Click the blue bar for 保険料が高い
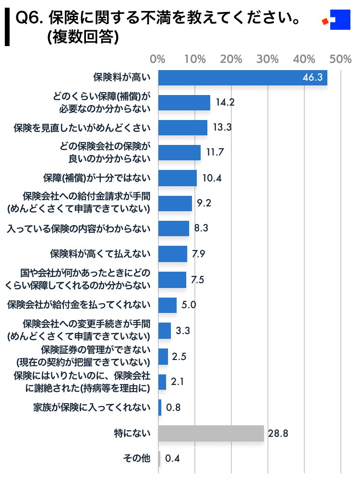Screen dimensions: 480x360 click(242, 78)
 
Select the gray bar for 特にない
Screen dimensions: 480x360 click(211, 433)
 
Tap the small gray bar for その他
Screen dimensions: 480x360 click(159, 459)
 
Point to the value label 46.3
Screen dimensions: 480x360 click(312, 78)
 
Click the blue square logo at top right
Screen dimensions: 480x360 click(340, 20)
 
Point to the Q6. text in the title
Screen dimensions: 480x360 click(30, 20)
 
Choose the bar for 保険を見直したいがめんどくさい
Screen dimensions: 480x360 click(182, 128)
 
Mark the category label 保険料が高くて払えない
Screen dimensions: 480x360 click(100, 253)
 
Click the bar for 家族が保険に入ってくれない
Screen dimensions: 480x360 click(160, 408)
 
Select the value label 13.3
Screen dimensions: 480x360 click(221, 128)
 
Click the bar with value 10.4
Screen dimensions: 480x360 click(177, 178)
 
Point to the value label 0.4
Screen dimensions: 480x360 click(172, 459)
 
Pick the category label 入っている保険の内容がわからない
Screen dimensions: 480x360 click(79, 228)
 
